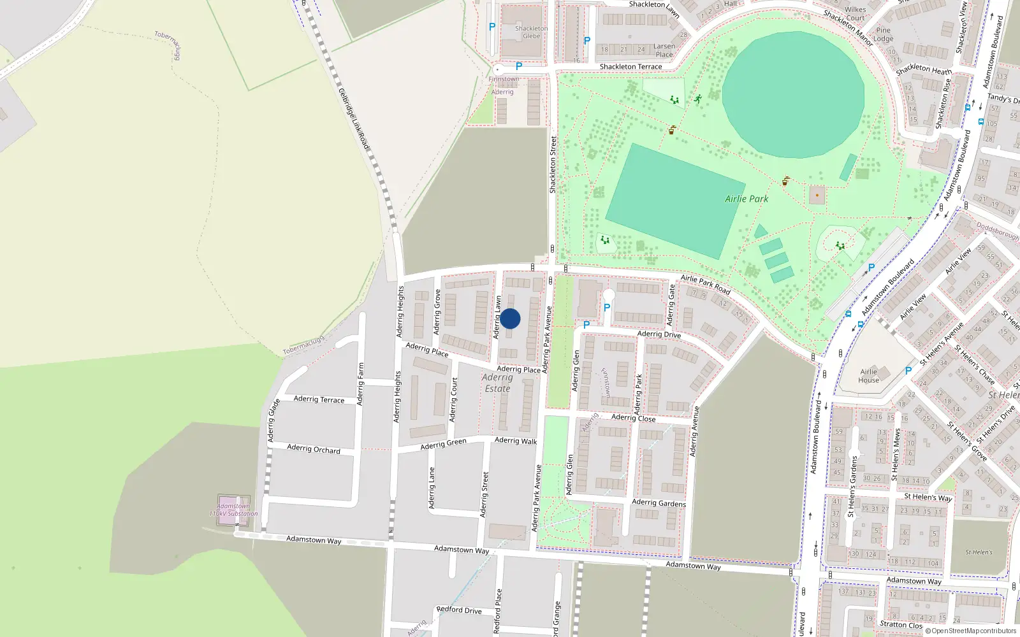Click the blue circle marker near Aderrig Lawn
(x=510, y=318)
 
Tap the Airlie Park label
(x=747, y=199)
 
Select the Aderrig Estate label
(x=497, y=383)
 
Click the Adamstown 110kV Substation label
(x=233, y=510)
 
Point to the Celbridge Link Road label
(x=354, y=119)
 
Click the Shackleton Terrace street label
(x=630, y=66)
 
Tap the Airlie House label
(x=868, y=376)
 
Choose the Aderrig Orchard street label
(x=314, y=449)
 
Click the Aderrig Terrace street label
(x=319, y=399)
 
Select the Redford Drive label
(x=459, y=610)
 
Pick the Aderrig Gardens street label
(x=659, y=503)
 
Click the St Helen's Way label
(x=928, y=497)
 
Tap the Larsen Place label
(x=664, y=50)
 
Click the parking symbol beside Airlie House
(x=908, y=370)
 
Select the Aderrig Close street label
(x=633, y=418)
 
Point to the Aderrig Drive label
(x=659, y=334)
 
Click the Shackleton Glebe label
(x=531, y=32)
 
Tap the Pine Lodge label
(x=884, y=34)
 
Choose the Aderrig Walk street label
(x=516, y=440)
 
